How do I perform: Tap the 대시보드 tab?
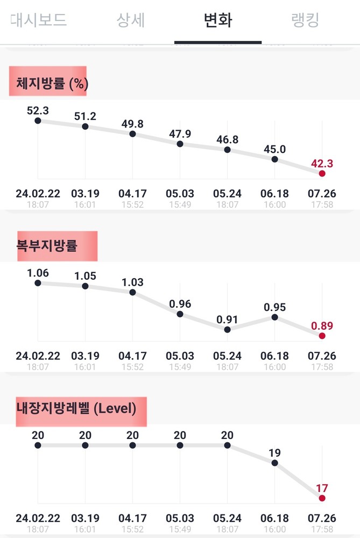click(38, 20)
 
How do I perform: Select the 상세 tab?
click(131, 20)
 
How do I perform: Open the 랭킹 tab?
click(305, 20)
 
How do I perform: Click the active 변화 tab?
click(218, 20)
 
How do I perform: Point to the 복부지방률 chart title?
click(47, 246)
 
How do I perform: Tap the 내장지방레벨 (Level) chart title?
click(76, 408)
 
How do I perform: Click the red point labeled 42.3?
click(322, 173)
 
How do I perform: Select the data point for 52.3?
click(38, 121)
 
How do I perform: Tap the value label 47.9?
click(180, 134)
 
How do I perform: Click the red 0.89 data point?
click(322, 336)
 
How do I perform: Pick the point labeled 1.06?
click(38, 283)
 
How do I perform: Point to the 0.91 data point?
click(227, 329)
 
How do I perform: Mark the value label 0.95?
click(274, 307)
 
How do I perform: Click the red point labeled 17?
click(322, 498)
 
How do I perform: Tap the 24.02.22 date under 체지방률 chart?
click(38, 193)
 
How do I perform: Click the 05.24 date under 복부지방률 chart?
click(227, 356)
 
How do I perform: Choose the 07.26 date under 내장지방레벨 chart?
click(322, 518)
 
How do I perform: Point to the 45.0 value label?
click(274, 149)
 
